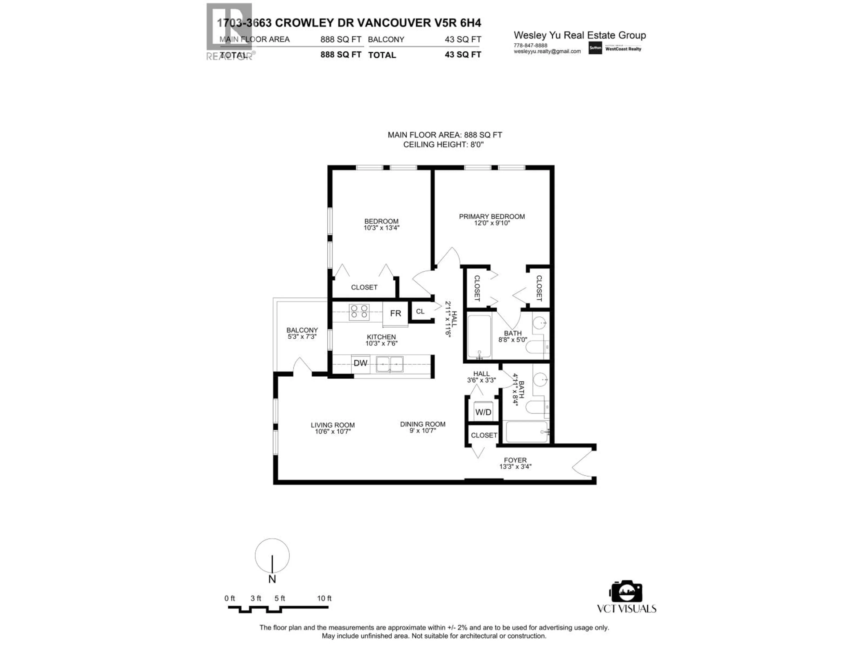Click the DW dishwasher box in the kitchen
[x=360, y=363]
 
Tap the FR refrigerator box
[x=395, y=313]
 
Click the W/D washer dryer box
[x=483, y=412]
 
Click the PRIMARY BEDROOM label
[x=492, y=216]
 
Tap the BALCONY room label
[x=302, y=330]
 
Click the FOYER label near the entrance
[x=515, y=460]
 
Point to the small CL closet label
[x=420, y=311]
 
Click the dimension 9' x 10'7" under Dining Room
[x=423, y=431]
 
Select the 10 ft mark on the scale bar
[x=324, y=598]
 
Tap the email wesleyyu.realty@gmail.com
[x=547, y=51]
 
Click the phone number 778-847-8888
[x=530, y=45]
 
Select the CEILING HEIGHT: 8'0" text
[x=443, y=144]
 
